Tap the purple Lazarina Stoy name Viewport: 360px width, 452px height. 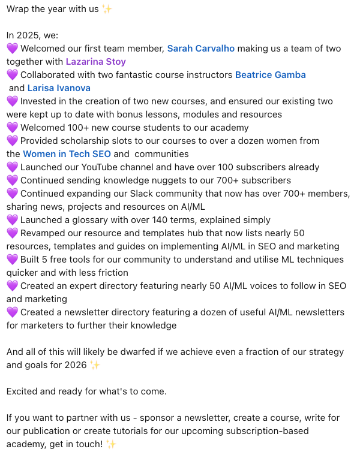95,62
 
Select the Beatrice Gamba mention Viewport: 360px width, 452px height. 270,75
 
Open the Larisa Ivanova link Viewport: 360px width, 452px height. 59,88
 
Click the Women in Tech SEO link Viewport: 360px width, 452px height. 67,154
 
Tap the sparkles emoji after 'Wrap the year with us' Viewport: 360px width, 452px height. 107,9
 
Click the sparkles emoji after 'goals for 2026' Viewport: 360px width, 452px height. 95,365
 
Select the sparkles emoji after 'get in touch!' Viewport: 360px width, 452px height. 110,444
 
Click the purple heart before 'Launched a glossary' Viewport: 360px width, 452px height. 12,220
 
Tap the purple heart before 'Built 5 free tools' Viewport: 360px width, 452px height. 12,260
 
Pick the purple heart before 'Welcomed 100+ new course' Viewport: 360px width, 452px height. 12,128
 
